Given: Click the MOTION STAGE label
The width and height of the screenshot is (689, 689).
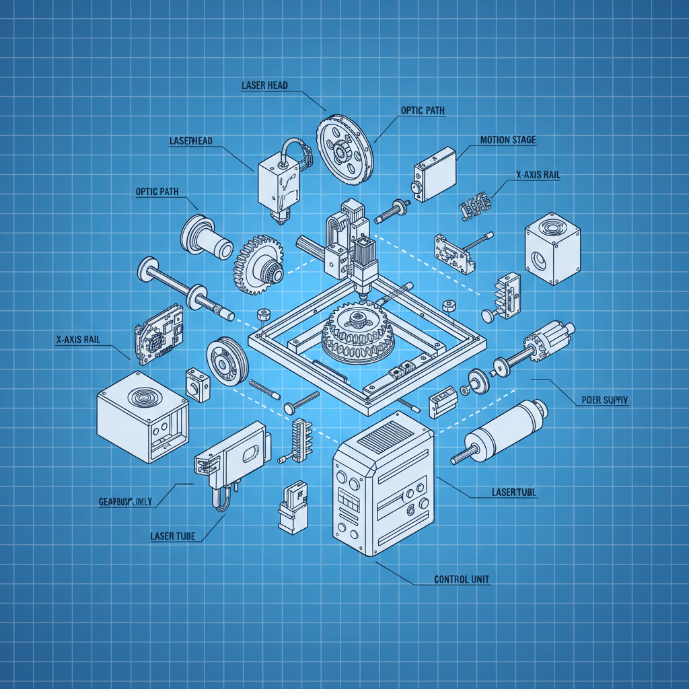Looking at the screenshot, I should pyautogui.click(x=508, y=140).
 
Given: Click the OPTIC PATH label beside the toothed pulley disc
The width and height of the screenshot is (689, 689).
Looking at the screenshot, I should pyautogui.click(x=423, y=110).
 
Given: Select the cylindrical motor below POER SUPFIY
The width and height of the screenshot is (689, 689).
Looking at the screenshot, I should pyautogui.click(x=501, y=431).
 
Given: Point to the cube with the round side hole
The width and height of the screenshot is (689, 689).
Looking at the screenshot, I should pyautogui.click(x=552, y=249).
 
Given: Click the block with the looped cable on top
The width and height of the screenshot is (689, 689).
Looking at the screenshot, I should pyautogui.click(x=279, y=178).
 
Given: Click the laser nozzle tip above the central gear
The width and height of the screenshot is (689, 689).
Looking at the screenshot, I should pyautogui.click(x=363, y=292).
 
